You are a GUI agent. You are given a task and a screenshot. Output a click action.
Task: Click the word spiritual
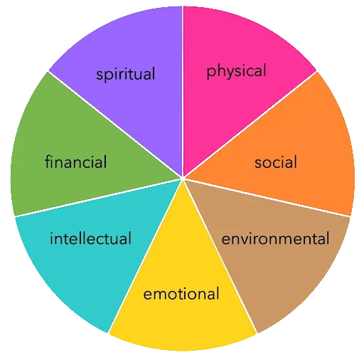point(126,74)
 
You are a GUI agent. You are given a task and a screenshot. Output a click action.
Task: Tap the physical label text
point(237,71)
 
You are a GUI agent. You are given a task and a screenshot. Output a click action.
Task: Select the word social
point(276,162)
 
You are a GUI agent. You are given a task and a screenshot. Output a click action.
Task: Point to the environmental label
point(275,238)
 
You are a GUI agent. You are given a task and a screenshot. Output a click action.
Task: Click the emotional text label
point(181,294)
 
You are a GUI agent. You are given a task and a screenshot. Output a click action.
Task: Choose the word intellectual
point(90,238)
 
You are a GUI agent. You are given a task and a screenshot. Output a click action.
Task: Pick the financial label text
point(76,162)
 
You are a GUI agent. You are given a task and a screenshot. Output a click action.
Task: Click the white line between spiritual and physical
point(183,91)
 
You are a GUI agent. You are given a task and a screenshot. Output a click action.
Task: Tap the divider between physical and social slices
point(250,124)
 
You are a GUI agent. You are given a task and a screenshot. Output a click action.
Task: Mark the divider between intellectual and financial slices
point(97,198)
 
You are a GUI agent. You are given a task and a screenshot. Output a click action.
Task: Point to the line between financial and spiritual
point(114,124)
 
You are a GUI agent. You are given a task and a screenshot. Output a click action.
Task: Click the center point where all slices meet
point(183,178)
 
